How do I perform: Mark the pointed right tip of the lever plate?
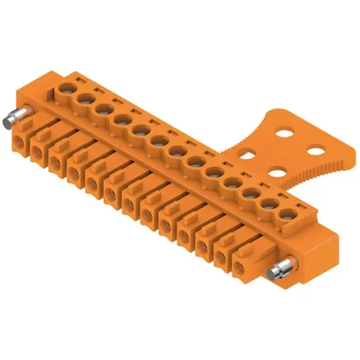(354, 152)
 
